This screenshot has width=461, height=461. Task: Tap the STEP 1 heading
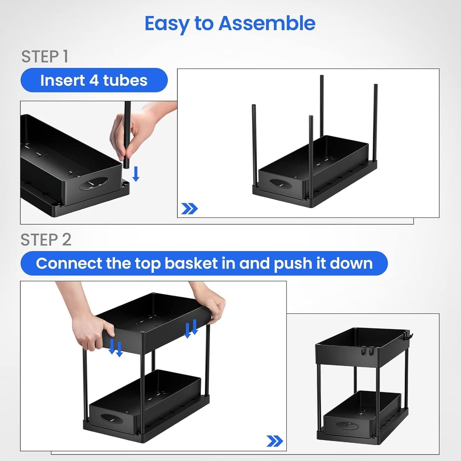tap(45, 57)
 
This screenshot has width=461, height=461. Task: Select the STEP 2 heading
tap(46, 240)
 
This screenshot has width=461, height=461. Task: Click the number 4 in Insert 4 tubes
tap(94, 80)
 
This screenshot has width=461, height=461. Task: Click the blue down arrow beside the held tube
tap(136, 174)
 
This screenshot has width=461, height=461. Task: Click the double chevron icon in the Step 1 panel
tap(190, 209)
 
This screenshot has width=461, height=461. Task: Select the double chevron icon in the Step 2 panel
tap(275, 441)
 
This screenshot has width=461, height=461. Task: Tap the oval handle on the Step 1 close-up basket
tap(94, 183)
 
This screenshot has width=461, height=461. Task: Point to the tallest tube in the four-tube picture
tap(322, 105)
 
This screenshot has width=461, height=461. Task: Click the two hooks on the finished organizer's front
tap(367, 352)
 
